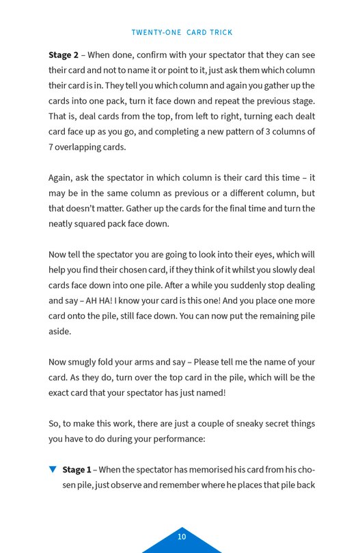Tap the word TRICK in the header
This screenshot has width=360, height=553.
click(219, 33)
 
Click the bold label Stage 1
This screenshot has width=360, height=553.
click(77, 470)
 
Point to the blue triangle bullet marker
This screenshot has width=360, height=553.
click(53, 470)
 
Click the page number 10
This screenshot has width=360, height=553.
click(182, 537)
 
